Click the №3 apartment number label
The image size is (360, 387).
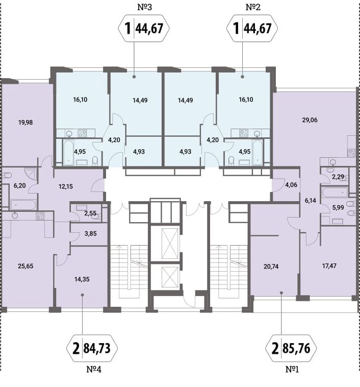(144, 7)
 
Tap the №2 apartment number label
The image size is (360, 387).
(253, 7)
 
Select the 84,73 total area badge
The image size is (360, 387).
(92, 348)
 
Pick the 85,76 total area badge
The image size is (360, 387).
(291, 348)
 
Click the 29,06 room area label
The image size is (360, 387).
(310, 120)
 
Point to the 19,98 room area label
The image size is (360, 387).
(25, 123)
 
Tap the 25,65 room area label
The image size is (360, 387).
(25, 266)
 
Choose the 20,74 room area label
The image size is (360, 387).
(271, 267)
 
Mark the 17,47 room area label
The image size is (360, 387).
(329, 266)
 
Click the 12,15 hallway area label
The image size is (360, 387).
(66, 186)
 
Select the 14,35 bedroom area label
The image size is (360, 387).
(82, 279)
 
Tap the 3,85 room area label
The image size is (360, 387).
(90, 233)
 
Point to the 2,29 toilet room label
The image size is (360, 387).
(338, 177)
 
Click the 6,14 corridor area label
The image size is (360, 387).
(310, 201)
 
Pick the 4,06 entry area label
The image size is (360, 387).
(291, 185)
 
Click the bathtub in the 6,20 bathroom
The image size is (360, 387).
(23, 205)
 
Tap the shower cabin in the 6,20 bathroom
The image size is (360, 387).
(31, 174)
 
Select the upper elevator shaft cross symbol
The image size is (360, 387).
(170, 243)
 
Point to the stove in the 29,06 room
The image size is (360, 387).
(351, 153)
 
